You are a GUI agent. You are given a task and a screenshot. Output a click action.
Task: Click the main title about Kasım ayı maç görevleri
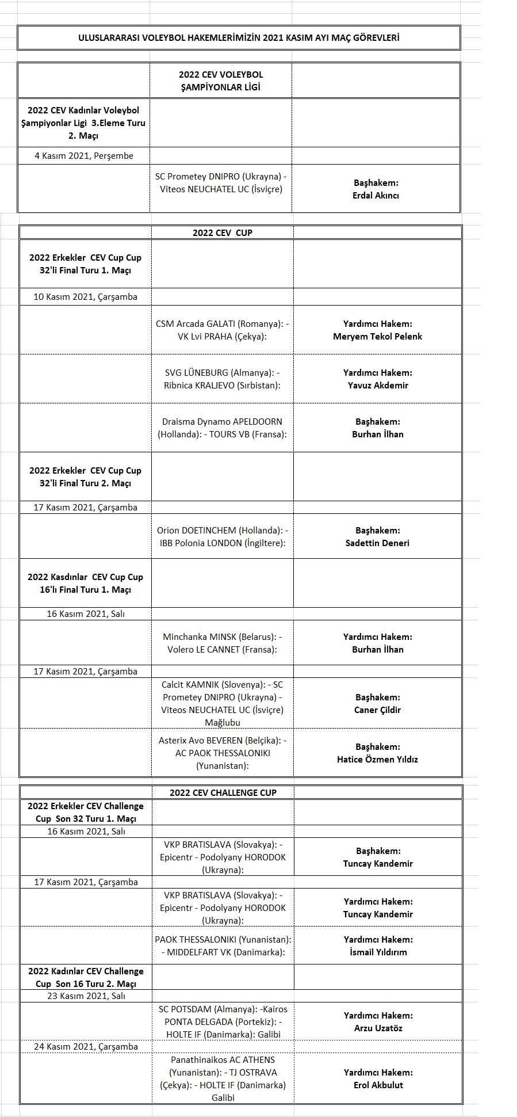coord(239,38)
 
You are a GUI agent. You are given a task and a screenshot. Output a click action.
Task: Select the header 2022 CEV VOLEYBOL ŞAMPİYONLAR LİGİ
coord(220,81)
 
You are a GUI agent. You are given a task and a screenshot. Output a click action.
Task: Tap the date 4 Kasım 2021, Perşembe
coord(84,155)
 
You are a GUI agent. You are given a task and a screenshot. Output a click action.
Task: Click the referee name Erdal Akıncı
coord(376,195)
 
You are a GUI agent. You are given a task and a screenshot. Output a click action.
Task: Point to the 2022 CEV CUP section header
coord(222,232)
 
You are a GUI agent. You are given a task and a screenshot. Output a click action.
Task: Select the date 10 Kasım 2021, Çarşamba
coord(85,297)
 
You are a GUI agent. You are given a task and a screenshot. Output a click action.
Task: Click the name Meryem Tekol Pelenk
coord(377,336)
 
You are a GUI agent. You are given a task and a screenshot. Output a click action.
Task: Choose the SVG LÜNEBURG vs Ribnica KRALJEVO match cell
coord(222,379)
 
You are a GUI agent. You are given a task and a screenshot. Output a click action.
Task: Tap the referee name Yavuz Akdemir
coord(378,385)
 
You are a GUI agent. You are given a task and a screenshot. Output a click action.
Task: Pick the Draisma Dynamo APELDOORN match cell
coord(222,428)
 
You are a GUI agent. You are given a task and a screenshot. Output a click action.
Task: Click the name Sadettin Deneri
coord(377,543)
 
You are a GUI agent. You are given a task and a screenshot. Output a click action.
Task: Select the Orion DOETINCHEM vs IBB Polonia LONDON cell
coord(222,536)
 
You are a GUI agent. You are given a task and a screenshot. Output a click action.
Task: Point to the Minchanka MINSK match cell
coord(222,643)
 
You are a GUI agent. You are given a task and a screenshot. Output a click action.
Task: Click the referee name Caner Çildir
coord(377,710)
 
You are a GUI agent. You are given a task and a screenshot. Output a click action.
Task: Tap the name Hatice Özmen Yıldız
coord(377,759)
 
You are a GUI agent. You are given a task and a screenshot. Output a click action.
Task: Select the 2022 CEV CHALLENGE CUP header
coord(223,792)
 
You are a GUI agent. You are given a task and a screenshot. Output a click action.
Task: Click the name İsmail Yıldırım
coord(378,952)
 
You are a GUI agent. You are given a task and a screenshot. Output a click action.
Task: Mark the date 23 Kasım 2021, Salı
coord(86,996)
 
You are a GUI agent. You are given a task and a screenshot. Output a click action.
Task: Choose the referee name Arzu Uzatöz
coord(378,1028)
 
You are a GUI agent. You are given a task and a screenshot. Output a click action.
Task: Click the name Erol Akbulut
coord(378,1085)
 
